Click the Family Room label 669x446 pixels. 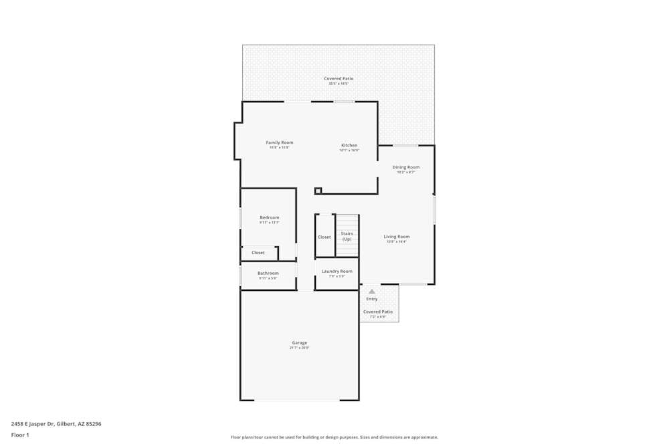click(279, 142)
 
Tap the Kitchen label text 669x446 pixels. click(349, 145)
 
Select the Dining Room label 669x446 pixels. click(405, 167)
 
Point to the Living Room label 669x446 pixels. click(396, 237)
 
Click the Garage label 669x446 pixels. click(299, 343)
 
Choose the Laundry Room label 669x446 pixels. click(337, 271)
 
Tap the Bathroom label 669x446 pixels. click(268, 273)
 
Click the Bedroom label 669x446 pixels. click(269, 217)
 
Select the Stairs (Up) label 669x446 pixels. click(347, 236)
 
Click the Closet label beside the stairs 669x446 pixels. click(324, 237)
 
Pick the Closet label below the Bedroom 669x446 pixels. click(258, 253)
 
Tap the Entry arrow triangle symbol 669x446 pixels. click(372, 292)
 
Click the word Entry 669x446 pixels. click(371, 299)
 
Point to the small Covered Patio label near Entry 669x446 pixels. click(378, 312)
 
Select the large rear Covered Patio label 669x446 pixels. click(339, 79)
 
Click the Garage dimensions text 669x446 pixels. click(299, 348)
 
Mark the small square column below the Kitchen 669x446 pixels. click(318, 191)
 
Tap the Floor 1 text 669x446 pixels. click(20, 435)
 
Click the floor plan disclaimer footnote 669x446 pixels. click(334, 437)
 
